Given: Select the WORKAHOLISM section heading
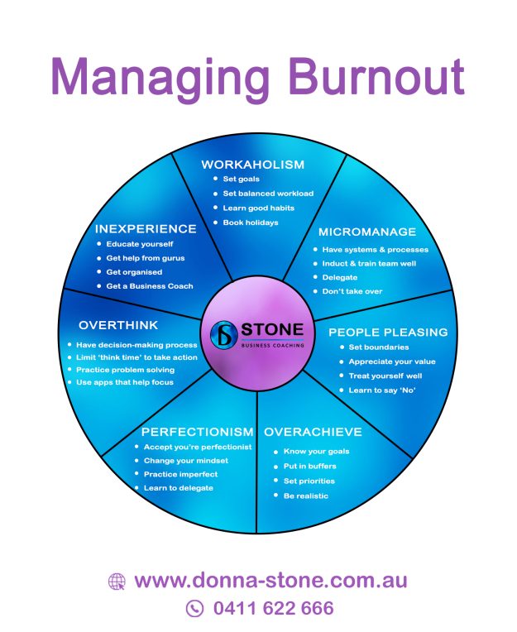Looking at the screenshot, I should click(x=252, y=165).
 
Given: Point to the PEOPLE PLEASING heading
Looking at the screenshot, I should click(x=388, y=332).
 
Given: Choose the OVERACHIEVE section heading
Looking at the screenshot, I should click(x=313, y=432).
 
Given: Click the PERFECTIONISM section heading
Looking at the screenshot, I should click(x=197, y=432).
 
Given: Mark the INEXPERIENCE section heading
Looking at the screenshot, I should click(x=145, y=228).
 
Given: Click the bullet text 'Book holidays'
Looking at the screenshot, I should click(x=250, y=223).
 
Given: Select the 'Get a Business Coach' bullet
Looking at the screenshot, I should click(x=150, y=286).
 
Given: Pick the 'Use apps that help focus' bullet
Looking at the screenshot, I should click(x=125, y=382).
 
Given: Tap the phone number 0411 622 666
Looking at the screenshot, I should click(x=273, y=609).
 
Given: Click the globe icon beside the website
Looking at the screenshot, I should click(x=117, y=582).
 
